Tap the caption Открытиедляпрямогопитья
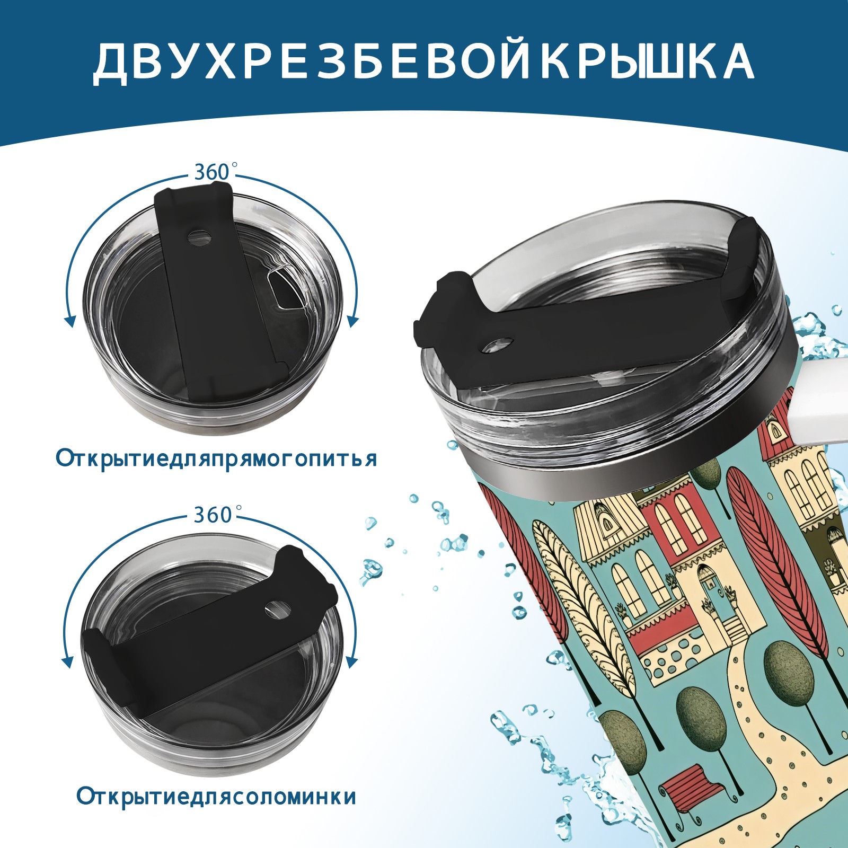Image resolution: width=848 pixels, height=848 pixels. (x=216, y=458)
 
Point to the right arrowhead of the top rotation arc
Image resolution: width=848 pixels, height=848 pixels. (x=353, y=321)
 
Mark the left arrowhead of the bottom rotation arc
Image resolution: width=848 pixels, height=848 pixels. (x=68, y=662)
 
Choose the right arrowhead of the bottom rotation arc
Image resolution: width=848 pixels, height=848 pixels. (x=352, y=662)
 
